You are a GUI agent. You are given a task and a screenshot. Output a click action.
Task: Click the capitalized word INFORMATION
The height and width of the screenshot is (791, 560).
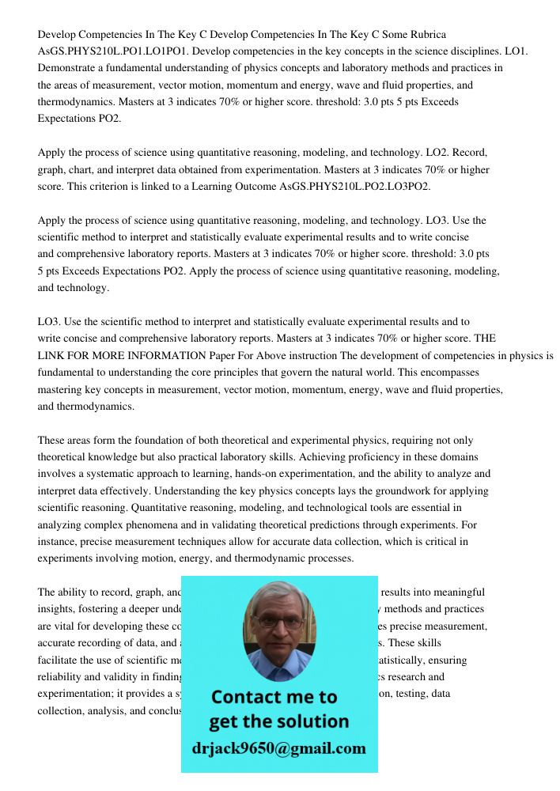[x=149, y=356]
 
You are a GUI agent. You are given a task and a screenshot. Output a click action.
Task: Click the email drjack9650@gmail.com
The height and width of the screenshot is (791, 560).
[x=279, y=748]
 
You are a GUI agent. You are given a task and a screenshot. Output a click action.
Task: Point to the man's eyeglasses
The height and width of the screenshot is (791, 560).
[x=278, y=622]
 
